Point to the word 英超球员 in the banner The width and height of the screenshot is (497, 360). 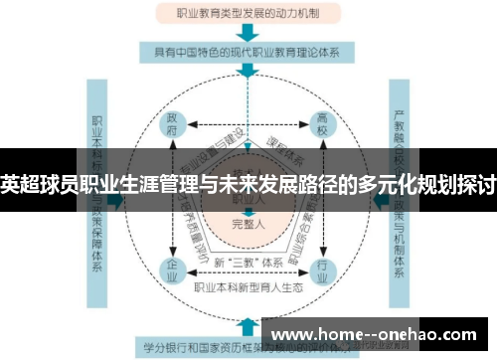tap(40, 183)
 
